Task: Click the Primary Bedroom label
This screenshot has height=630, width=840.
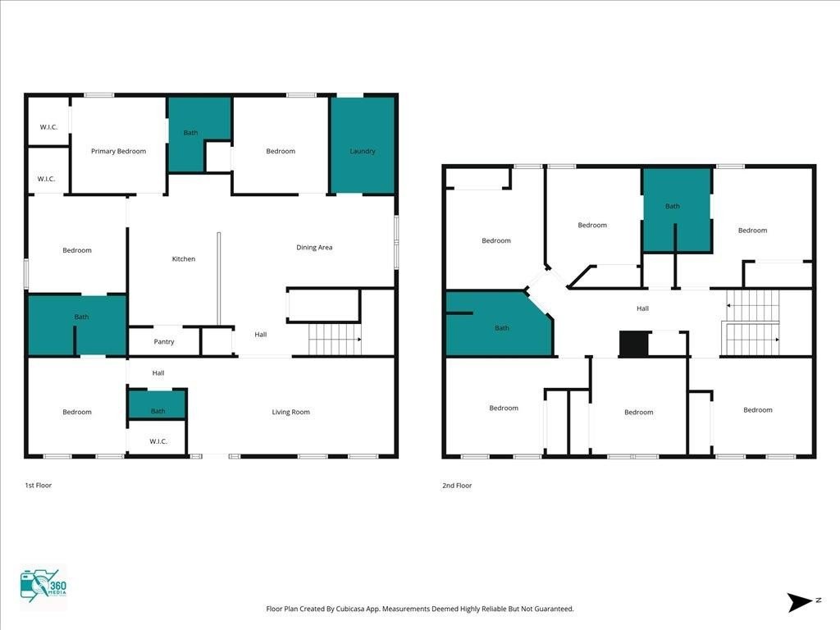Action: [118, 151]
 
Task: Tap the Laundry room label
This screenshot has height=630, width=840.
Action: [363, 151]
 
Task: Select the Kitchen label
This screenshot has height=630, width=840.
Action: [183, 258]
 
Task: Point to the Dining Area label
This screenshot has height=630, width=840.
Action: [314, 248]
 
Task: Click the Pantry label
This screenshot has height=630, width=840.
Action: [164, 342]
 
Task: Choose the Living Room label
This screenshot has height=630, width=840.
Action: [291, 412]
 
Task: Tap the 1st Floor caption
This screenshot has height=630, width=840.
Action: [39, 486]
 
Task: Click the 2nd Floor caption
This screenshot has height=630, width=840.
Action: [457, 486]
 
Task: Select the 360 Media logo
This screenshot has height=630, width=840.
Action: [43, 587]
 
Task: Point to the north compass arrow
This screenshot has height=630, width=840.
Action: [801, 602]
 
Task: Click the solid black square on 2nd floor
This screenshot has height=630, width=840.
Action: [634, 344]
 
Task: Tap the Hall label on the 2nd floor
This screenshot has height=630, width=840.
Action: [643, 308]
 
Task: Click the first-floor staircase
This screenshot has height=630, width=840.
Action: [335, 339]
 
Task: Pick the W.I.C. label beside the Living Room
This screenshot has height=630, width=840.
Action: [158, 441]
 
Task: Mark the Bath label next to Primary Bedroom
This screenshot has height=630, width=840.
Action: [190, 133]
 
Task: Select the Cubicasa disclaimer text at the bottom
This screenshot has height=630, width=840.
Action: [420, 609]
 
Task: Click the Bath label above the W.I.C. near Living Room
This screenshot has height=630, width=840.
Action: [158, 412]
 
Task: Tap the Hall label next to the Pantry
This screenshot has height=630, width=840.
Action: [261, 335]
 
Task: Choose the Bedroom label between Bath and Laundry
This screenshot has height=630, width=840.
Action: [281, 151]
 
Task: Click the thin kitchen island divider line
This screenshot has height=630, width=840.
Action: [218, 279]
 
